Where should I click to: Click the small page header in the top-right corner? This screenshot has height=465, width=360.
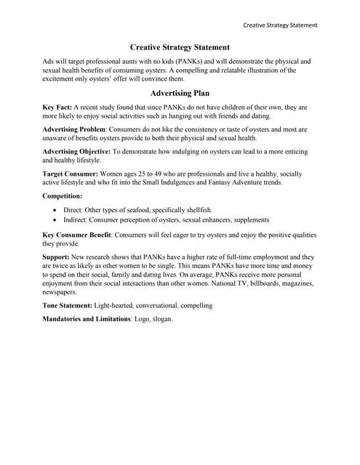coord(280,25)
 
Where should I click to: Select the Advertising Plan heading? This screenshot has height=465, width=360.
coord(180,94)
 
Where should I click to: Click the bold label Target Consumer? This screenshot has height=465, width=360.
coord(70,174)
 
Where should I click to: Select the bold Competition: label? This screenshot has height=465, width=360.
coord(63,196)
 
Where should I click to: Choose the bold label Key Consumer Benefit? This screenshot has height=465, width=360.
coord(77,235)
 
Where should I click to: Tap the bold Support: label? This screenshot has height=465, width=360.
coord(58,257)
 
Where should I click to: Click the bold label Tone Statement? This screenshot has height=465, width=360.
coord(68,306)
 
